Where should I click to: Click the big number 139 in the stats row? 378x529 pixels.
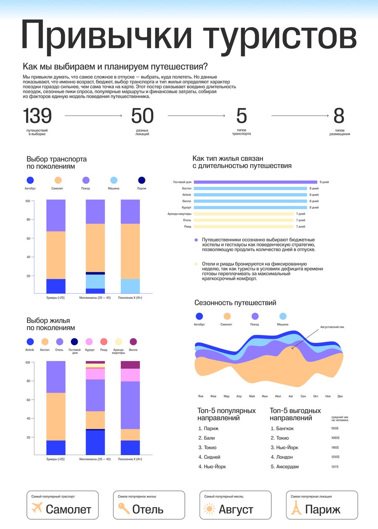tap(37, 115)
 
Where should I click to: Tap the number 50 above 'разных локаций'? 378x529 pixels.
tap(142, 115)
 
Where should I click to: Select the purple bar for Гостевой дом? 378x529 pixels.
tap(255, 182)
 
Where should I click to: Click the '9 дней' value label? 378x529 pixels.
tap(324, 182)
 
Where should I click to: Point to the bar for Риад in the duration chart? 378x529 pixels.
tap(244, 226)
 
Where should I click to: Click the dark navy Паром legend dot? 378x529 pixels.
tap(142, 180)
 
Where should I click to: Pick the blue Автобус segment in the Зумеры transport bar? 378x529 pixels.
tap(56, 286)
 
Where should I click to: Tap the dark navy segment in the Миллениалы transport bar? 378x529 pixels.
tap(95, 273)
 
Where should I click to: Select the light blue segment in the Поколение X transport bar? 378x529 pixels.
tap(130, 286)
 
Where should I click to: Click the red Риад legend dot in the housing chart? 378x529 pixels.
tap(104, 341)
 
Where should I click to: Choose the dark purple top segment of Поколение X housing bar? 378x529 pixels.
tap(130, 364)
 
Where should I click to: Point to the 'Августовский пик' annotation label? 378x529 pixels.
tap(332, 327)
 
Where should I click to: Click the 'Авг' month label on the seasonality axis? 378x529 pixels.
tap(291, 396)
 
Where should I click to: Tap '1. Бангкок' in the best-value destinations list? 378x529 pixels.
tap(282, 428)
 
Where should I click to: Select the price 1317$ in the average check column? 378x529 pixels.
tap(335, 467)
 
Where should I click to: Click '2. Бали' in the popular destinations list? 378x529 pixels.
tap(207, 438)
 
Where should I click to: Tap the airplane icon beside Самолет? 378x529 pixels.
tap(37, 508)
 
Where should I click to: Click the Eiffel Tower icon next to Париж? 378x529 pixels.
tap(296, 508)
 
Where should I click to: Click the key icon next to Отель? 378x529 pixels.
tap(123, 508)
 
